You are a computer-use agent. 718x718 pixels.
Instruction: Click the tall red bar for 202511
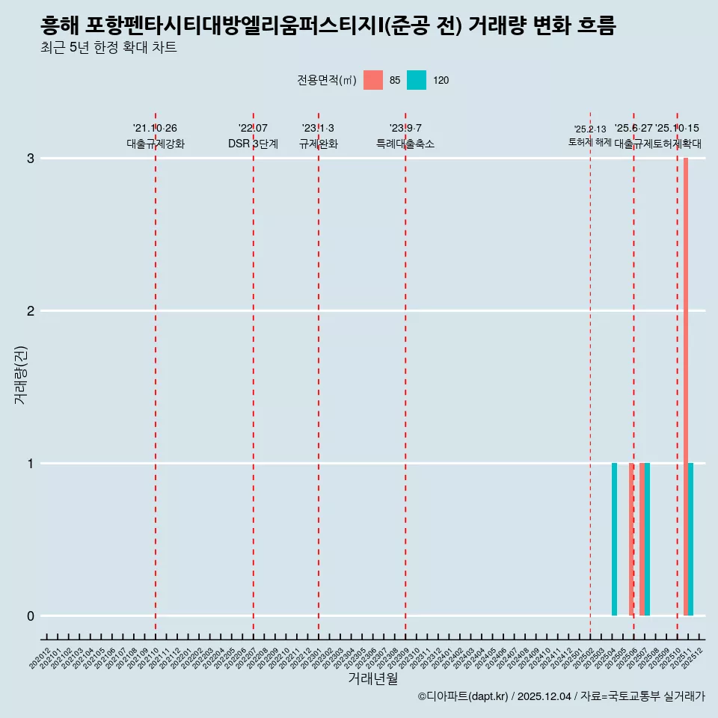tap(686, 387)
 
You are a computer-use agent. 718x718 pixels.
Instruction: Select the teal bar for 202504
tap(614, 539)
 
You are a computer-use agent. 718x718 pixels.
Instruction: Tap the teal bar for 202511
tap(691, 539)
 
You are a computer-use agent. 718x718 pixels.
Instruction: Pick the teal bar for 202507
tap(647, 539)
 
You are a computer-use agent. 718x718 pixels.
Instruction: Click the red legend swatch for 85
tap(373, 80)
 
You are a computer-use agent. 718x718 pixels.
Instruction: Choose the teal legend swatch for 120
tap(417, 80)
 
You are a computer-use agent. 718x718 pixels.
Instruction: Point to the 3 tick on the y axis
tap(31, 159)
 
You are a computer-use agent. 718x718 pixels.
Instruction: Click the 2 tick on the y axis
tap(31, 311)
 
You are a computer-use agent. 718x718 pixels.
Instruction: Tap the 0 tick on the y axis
tap(31, 616)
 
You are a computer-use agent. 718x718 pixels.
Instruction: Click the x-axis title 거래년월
tap(372, 678)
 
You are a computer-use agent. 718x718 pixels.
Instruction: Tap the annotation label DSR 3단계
tap(254, 144)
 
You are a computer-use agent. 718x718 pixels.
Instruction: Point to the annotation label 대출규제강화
tap(156, 144)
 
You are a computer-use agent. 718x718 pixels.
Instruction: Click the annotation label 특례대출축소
tap(405, 144)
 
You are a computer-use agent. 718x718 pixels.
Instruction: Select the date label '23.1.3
tap(319, 129)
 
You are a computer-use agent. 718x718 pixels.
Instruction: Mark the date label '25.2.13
tap(590, 129)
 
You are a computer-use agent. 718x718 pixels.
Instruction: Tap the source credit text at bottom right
tap(561, 696)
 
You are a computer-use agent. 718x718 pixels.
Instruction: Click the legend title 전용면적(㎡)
tap(326, 81)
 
